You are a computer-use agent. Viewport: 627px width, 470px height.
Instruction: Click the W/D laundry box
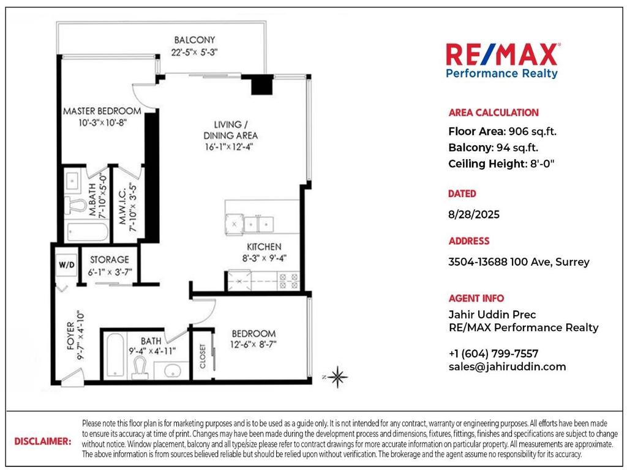click(x=66, y=265)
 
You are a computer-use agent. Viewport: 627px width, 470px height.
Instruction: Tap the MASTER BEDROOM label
click(x=102, y=111)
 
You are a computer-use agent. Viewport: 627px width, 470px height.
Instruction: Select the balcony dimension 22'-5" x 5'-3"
click(x=194, y=52)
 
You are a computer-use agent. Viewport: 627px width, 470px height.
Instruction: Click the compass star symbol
click(x=337, y=376)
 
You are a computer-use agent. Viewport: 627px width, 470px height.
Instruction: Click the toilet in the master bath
click(x=75, y=204)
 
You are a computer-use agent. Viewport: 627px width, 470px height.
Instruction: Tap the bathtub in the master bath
click(x=86, y=233)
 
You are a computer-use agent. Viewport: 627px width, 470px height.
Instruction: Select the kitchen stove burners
click(x=288, y=280)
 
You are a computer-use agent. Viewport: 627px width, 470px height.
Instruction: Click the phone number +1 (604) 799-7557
click(x=493, y=354)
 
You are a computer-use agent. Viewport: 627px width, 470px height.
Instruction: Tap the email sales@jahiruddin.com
click(x=507, y=367)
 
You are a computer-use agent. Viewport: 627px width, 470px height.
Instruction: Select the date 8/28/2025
click(x=474, y=214)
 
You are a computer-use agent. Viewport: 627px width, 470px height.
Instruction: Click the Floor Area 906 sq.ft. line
click(x=502, y=131)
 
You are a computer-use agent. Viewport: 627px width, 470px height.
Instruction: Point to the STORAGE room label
click(x=110, y=259)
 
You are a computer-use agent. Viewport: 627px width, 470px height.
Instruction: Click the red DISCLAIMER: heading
click(x=42, y=441)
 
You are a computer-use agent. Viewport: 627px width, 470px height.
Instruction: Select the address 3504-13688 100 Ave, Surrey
click(x=519, y=262)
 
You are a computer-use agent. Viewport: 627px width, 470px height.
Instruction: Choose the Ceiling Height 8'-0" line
click(x=501, y=163)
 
